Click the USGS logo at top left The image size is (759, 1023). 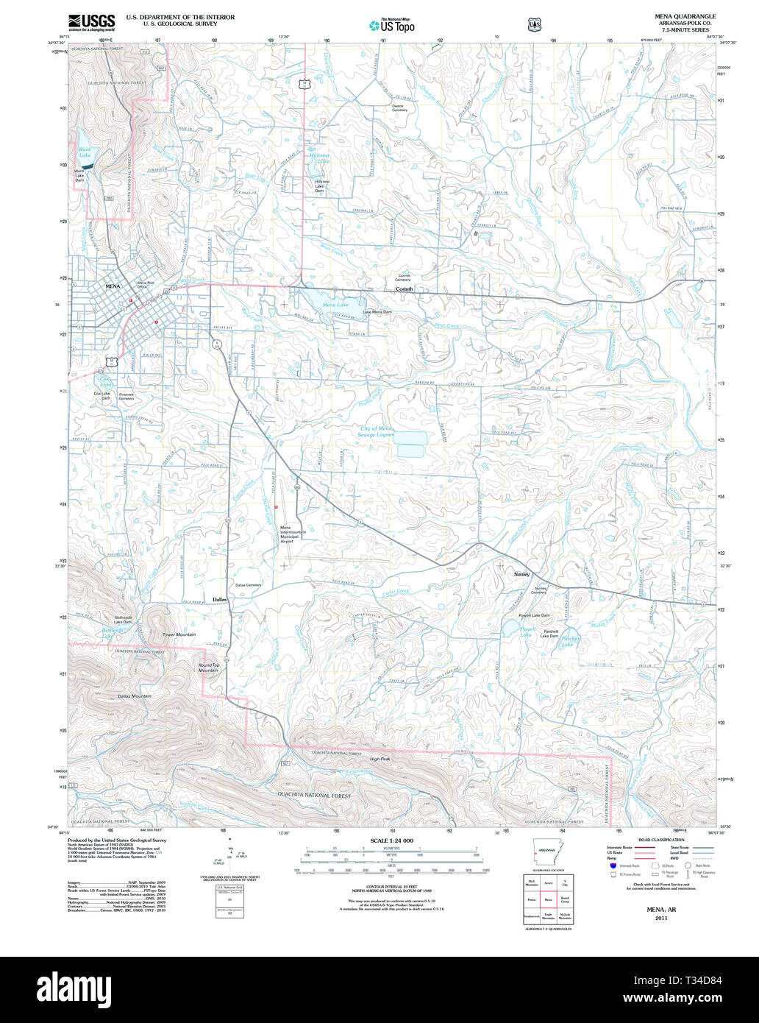click(x=91, y=21)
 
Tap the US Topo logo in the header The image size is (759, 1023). click(x=392, y=26)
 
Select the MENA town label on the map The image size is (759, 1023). click(x=113, y=286)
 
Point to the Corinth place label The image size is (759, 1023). click(x=404, y=289)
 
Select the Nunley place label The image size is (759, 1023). click(x=521, y=574)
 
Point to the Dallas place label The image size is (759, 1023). click(x=220, y=600)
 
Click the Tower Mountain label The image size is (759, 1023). click(x=179, y=634)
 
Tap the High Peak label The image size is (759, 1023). click(x=379, y=759)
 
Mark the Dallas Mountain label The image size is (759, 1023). click(x=135, y=696)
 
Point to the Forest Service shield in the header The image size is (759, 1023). click(x=533, y=25)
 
